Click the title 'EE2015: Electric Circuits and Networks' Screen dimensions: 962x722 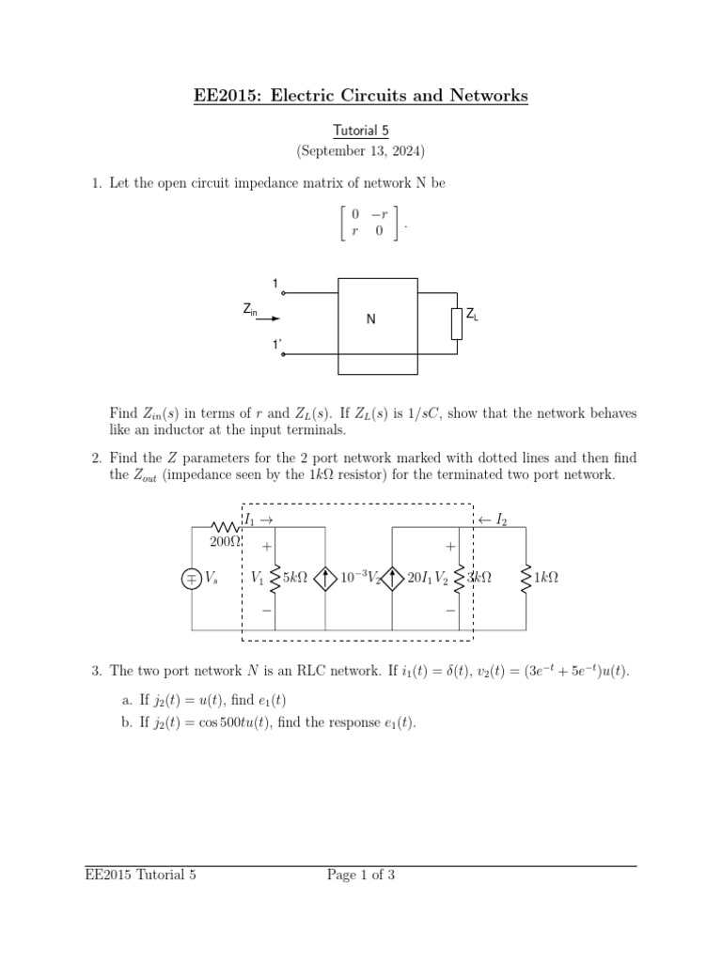(x=360, y=96)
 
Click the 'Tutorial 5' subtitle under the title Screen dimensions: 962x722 (x=360, y=131)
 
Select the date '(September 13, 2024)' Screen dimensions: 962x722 (x=360, y=150)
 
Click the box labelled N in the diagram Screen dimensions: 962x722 (x=376, y=318)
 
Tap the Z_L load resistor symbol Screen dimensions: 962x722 (x=457, y=322)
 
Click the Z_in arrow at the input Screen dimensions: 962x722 (x=268, y=318)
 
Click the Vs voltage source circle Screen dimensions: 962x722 (x=192, y=579)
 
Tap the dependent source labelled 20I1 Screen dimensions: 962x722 (x=392, y=579)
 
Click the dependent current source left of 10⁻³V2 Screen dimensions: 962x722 (x=325, y=579)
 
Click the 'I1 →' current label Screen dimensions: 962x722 (x=259, y=520)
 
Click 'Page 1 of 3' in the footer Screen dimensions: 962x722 (x=361, y=876)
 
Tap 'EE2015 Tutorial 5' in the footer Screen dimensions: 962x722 (x=141, y=876)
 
